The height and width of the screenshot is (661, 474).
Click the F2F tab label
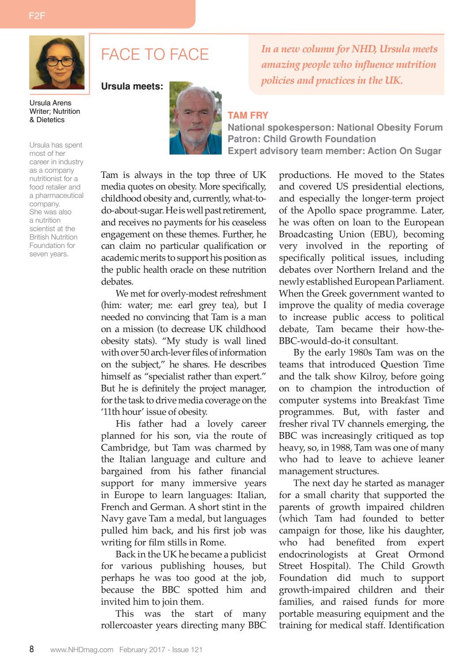pyautogui.click(x=37, y=16)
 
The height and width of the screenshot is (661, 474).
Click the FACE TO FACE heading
pyautogui.click(x=154, y=54)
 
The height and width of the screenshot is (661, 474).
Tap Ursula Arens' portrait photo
pyautogui.click(x=57, y=62)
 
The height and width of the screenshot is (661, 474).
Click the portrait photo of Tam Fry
pyautogui.click(x=195, y=118)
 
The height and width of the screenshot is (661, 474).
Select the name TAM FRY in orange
pyautogui.click(x=248, y=116)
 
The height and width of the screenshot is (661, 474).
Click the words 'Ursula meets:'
pyautogui.click(x=132, y=86)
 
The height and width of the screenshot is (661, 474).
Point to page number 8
pyautogui.click(x=31, y=649)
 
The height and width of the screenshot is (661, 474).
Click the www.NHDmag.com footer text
pyautogui.click(x=81, y=649)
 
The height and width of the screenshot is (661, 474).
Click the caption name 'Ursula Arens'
pyautogui.click(x=50, y=103)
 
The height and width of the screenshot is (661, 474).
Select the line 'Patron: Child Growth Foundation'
pyautogui.click(x=301, y=139)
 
